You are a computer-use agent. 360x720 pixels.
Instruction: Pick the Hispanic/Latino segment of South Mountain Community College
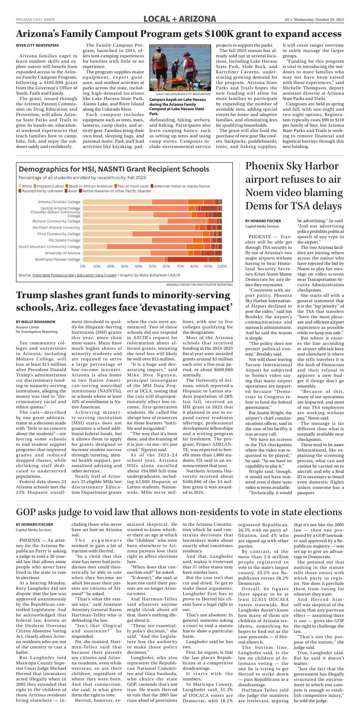(146, 246)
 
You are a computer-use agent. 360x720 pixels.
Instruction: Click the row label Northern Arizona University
(56, 227)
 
